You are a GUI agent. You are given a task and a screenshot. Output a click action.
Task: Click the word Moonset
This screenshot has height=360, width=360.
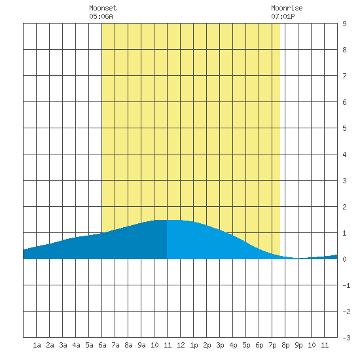click(x=103, y=8)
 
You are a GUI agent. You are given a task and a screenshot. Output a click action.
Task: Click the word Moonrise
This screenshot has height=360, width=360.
click(x=287, y=8)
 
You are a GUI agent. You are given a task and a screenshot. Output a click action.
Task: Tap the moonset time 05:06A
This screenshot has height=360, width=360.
click(x=101, y=16)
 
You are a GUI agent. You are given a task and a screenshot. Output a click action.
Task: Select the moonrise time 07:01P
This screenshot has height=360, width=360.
click(x=283, y=16)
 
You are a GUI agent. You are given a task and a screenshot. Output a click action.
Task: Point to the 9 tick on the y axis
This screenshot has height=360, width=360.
click(x=344, y=24)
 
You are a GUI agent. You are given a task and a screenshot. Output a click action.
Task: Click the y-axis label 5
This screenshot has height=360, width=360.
click(x=344, y=128)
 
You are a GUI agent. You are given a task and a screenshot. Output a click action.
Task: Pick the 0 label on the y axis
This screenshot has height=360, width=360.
click(x=344, y=259)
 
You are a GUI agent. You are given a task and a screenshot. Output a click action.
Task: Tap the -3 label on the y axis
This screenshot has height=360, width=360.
click(x=346, y=338)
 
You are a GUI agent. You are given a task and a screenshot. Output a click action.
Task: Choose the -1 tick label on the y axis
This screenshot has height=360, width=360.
click(x=346, y=285)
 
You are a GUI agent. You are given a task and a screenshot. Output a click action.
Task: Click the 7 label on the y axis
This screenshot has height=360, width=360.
click(x=344, y=76)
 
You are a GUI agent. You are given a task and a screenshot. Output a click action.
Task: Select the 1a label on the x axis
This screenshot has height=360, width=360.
click(x=37, y=345)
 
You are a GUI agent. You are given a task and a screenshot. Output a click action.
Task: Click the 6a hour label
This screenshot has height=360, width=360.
click(x=102, y=345)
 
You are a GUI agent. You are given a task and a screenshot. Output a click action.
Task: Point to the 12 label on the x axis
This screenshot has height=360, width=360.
click(x=181, y=345)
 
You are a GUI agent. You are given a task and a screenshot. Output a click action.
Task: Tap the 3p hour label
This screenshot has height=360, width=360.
click(x=220, y=345)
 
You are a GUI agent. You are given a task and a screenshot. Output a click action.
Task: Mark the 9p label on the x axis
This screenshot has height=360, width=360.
click(x=298, y=345)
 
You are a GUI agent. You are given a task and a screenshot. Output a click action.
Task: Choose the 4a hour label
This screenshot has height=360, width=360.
click(x=76, y=345)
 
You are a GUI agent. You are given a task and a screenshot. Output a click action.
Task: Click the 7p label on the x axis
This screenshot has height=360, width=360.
click(x=272, y=345)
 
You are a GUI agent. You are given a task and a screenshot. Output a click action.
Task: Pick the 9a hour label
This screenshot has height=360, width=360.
click(x=141, y=345)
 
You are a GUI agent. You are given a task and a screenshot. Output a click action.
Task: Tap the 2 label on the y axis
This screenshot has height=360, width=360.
click(x=344, y=207)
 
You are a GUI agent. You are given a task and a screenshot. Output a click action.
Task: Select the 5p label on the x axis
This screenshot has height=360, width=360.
click(x=246, y=345)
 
